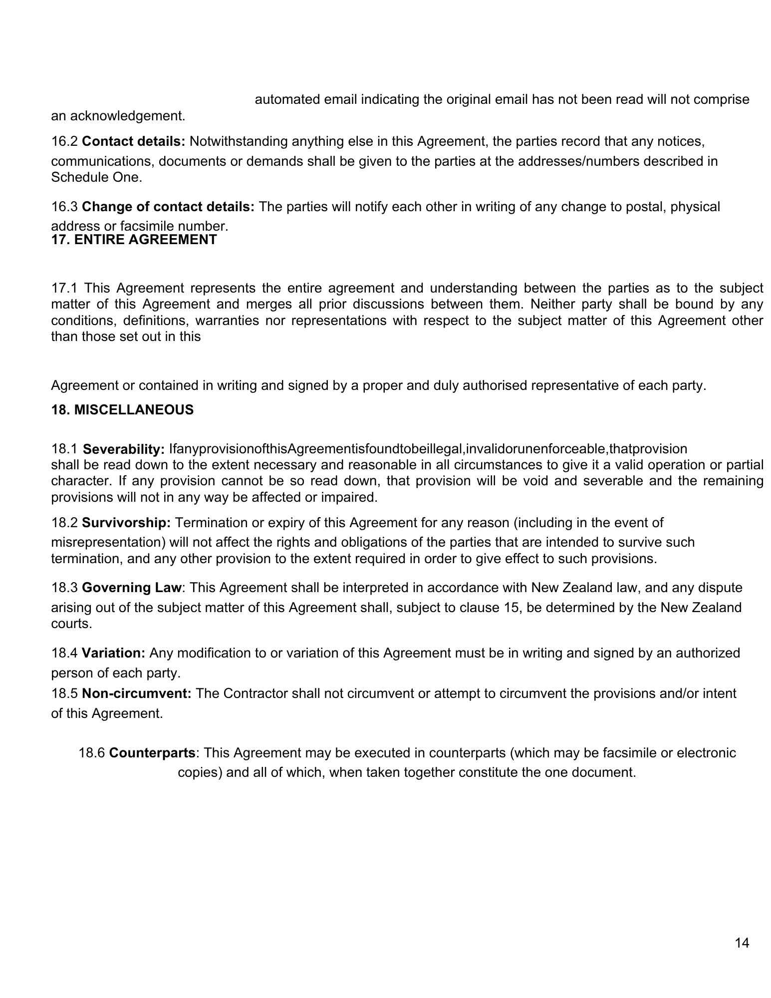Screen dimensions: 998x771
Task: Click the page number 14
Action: (742, 943)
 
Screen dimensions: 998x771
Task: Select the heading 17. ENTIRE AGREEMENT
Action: (134, 240)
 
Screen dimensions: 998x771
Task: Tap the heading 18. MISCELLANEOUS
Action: (122, 410)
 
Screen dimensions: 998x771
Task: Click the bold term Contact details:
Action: (134, 141)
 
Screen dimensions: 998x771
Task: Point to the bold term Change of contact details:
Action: (168, 206)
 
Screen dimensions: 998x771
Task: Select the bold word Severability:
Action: (124, 449)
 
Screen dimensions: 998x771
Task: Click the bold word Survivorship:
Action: (127, 523)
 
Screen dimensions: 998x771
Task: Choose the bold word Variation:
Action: (114, 653)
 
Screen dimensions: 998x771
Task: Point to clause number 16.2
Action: (65, 141)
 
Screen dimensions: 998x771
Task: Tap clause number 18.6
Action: (92, 752)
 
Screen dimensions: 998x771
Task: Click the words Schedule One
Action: (96, 178)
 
